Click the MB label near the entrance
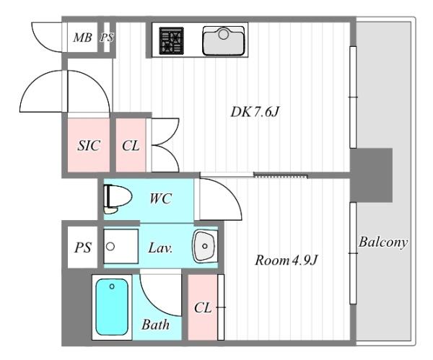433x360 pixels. [x=82, y=38]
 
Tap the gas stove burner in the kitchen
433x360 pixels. [x=171, y=40]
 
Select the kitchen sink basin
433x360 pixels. [x=224, y=41]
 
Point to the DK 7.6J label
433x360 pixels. [x=255, y=112]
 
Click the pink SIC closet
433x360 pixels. [x=89, y=145]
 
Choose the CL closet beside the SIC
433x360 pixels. [x=131, y=145]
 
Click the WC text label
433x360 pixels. [x=161, y=198]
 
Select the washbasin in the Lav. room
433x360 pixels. [x=205, y=246]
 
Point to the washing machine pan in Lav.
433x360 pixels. [x=121, y=246]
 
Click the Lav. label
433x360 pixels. [x=160, y=247]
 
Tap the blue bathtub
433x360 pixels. [x=112, y=307]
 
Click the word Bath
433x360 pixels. [x=155, y=325]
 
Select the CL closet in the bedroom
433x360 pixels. [x=203, y=307]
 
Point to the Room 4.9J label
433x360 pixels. [x=287, y=260]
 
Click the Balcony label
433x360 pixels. [x=383, y=242]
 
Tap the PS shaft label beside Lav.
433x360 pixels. [x=83, y=247]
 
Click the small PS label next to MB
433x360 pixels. [x=107, y=38]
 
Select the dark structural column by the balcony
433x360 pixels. [x=371, y=175]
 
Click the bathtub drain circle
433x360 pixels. [x=112, y=286]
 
